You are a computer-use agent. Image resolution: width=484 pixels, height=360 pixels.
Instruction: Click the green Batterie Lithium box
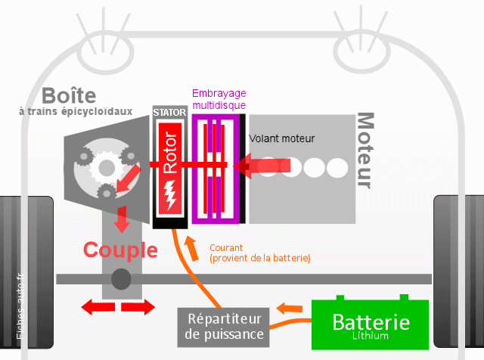(x=370, y=324)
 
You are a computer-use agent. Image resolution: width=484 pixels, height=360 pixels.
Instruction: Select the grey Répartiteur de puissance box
(x=224, y=327)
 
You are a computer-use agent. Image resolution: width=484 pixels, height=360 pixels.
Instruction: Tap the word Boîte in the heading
(x=69, y=95)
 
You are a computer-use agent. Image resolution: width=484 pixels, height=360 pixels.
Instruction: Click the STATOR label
(x=169, y=113)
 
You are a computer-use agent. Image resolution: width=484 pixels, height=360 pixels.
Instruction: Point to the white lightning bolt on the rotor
(x=169, y=195)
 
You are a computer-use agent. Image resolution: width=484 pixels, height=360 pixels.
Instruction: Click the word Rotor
(x=170, y=152)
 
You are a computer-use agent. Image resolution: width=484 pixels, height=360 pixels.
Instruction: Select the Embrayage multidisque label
(x=219, y=99)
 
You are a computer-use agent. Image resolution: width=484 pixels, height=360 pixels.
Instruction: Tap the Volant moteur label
(x=282, y=138)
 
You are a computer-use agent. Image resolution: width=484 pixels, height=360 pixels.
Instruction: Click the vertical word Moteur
(x=365, y=151)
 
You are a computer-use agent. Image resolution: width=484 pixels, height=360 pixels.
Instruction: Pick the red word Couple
(x=120, y=250)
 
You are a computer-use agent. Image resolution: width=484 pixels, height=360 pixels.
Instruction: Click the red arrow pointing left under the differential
(x=98, y=307)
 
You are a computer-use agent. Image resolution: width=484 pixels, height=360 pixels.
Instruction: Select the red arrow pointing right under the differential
(x=138, y=307)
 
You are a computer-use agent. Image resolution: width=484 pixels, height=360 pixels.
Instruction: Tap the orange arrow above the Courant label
(x=191, y=249)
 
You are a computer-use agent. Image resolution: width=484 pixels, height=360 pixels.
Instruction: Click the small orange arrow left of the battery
(x=289, y=308)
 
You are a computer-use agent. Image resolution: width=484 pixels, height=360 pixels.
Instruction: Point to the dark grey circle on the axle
(x=121, y=279)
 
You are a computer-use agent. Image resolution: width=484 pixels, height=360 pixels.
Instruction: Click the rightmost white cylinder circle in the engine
(x=337, y=168)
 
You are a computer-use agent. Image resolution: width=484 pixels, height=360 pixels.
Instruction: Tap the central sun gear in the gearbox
(x=107, y=168)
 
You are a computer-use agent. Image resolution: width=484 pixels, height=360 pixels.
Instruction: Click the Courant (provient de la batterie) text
(x=260, y=253)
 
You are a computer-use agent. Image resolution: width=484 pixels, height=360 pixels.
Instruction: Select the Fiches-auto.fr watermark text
(x=20, y=306)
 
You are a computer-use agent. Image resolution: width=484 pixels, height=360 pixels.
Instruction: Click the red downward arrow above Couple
(x=122, y=219)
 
